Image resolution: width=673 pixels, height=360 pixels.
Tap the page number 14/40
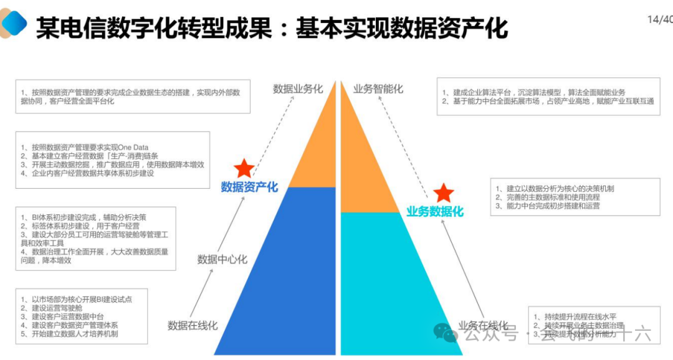660,19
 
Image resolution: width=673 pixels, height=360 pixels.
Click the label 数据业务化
298,89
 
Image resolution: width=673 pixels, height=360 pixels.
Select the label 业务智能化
378,89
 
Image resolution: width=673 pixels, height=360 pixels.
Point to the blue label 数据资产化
249,187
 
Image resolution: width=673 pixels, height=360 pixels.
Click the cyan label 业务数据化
435,212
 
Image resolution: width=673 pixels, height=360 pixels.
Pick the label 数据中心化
222,259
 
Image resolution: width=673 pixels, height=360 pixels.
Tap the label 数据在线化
193,325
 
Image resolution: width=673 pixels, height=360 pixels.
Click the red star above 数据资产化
244,168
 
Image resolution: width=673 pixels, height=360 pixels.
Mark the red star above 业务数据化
444,193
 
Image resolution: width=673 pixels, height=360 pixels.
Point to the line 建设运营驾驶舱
57,308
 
